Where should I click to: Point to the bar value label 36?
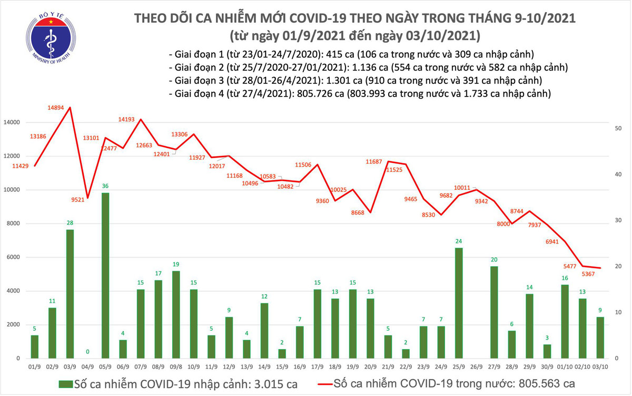click(x=105, y=186)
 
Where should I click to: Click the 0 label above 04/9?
click(x=88, y=352)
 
